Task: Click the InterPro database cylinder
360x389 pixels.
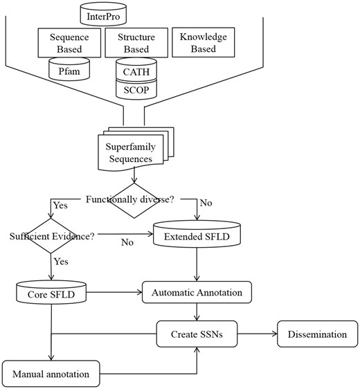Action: pos(103,14)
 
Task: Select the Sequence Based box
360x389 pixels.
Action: pos(66,42)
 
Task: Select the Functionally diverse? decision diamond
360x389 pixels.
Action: pos(131,201)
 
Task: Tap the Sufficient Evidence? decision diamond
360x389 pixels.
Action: pos(51,235)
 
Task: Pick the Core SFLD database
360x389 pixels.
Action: pos(51,293)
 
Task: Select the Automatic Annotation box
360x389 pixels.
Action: pos(197,293)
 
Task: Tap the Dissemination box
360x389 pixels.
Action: pos(312,334)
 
